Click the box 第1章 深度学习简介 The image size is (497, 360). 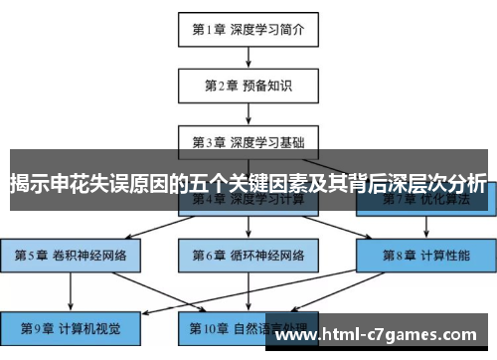(248, 29)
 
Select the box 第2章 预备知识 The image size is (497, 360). (248, 86)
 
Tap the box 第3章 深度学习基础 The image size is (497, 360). (248, 141)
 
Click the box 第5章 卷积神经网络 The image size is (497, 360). (71, 255)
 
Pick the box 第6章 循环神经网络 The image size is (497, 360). (248, 255)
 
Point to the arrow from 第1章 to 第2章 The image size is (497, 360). (248, 57)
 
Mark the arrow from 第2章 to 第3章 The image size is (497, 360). (248, 113)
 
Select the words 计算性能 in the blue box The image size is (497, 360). (443, 255)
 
